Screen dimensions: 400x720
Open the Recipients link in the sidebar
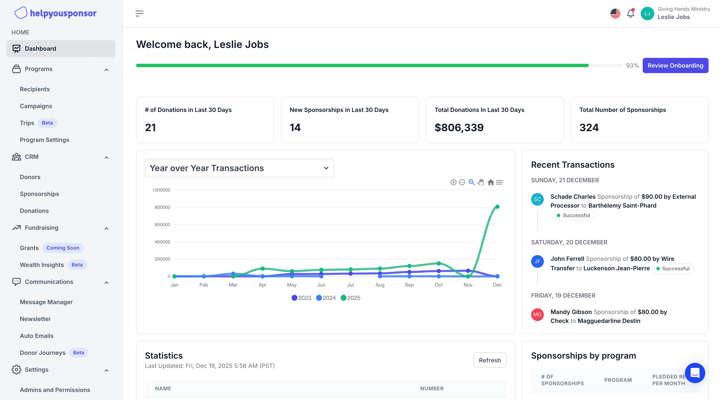point(35,89)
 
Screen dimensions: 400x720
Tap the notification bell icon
point(630,13)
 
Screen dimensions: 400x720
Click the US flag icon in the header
point(615,13)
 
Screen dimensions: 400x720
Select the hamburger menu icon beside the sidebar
point(139,13)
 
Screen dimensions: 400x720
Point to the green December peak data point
point(497,207)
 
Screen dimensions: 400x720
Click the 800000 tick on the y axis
point(162,207)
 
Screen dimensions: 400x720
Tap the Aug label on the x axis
point(380,285)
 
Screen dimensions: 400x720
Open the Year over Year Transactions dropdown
point(239,168)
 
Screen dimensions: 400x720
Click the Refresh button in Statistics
point(490,360)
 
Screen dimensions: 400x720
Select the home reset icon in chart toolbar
point(491,182)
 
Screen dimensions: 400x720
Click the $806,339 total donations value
point(459,128)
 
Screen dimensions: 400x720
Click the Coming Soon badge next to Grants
point(63,248)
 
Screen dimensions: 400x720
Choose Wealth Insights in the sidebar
point(42,265)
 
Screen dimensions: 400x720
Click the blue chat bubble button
point(695,373)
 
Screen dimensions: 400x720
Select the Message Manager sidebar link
point(46,302)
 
